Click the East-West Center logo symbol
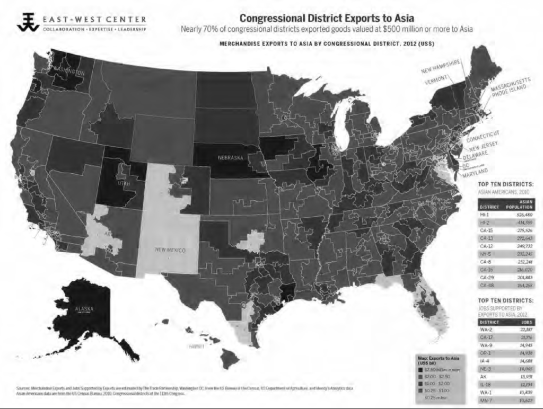27,21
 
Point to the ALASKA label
84,308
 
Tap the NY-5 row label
485,254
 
